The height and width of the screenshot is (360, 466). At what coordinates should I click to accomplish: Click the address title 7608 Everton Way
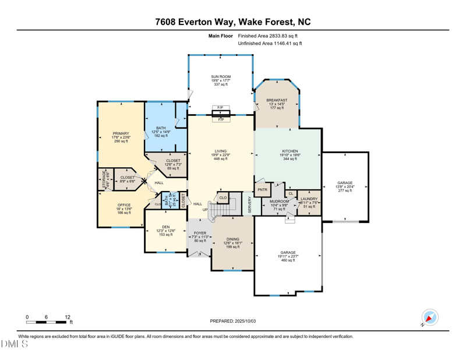click(x=232, y=22)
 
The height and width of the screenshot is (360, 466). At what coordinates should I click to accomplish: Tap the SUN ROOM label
click(x=220, y=77)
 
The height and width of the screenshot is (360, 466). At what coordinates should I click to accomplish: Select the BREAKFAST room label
click(x=277, y=100)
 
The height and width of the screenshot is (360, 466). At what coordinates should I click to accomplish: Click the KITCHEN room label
click(x=290, y=151)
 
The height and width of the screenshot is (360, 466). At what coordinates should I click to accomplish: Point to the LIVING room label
click(x=220, y=151)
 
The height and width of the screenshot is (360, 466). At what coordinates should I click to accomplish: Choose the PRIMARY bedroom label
click(x=121, y=133)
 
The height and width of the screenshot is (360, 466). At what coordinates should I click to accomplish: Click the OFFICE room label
click(x=123, y=205)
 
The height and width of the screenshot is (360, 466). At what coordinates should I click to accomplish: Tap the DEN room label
click(x=166, y=227)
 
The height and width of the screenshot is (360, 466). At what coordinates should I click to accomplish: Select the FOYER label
click(x=200, y=232)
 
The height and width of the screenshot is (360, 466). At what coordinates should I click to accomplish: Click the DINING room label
click(x=232, y=239)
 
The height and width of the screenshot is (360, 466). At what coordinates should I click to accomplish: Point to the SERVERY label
click(x=250, y=204)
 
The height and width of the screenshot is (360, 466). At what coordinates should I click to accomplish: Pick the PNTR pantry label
click(x=262, y=189)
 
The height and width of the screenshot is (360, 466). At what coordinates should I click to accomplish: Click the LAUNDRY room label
click(x=309, y=199)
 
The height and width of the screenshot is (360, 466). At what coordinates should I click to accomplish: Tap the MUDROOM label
click(x=279, y=202)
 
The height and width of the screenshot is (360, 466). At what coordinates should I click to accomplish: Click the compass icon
click(x=429, y=317)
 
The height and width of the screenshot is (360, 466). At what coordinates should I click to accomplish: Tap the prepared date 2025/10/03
click(x=232, y=321)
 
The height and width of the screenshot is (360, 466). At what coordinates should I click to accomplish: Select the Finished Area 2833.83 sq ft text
click(x=270, y=36)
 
